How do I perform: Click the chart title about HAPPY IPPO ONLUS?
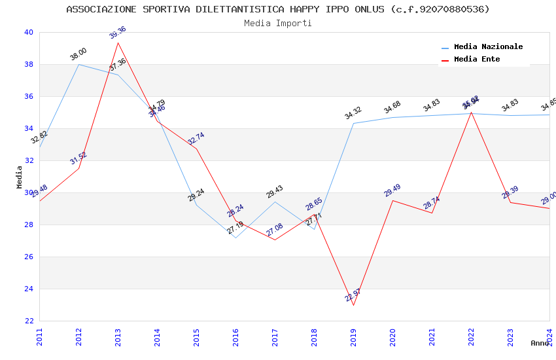point(278,9)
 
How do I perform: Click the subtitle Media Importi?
point(278,23)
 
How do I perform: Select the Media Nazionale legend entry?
point(488,47)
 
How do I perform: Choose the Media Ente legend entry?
point(477,60)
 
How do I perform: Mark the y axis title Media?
point(19,177)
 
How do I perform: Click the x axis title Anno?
point(540,343)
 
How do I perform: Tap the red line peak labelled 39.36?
point(118,43)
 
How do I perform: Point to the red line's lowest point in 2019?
point(353,305)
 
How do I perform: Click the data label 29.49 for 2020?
point(392,190)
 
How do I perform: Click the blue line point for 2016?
point(235,238)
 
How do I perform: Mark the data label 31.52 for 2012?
point(78,158)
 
